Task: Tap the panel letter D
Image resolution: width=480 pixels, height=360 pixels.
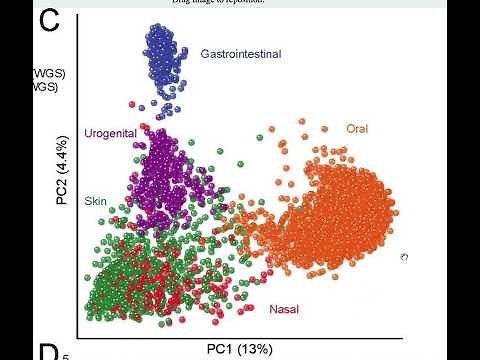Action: (49, 351)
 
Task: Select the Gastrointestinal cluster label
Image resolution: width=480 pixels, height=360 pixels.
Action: (240, 52)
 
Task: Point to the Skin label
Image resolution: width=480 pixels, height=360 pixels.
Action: (96, 200)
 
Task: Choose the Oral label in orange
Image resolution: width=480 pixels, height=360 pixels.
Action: (357, 128)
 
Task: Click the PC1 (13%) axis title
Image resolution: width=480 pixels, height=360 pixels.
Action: (239, 348)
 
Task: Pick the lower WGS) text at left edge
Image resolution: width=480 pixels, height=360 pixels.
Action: (45, 87)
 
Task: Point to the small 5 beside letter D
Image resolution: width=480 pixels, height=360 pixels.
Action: (66, 355)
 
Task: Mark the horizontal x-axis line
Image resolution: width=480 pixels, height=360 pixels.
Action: (240, 330)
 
